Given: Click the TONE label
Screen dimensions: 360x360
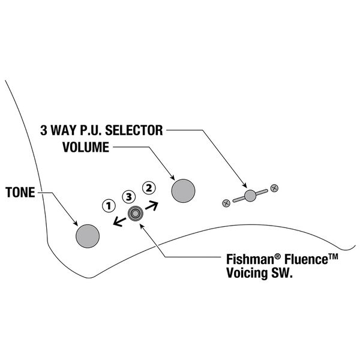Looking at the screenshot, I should [19, 193].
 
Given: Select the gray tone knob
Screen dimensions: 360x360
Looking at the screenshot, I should [87, 235].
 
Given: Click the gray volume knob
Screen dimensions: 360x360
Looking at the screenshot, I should [184, 191].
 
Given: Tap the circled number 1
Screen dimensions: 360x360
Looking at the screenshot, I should [109, 205].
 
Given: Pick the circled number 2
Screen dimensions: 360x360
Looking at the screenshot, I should [148, 187].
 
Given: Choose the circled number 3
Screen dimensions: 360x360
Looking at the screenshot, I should [128, 196].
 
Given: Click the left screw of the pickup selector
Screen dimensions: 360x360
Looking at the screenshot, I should [226, 202].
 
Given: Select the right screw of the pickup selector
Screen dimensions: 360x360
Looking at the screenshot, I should [274, 188].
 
